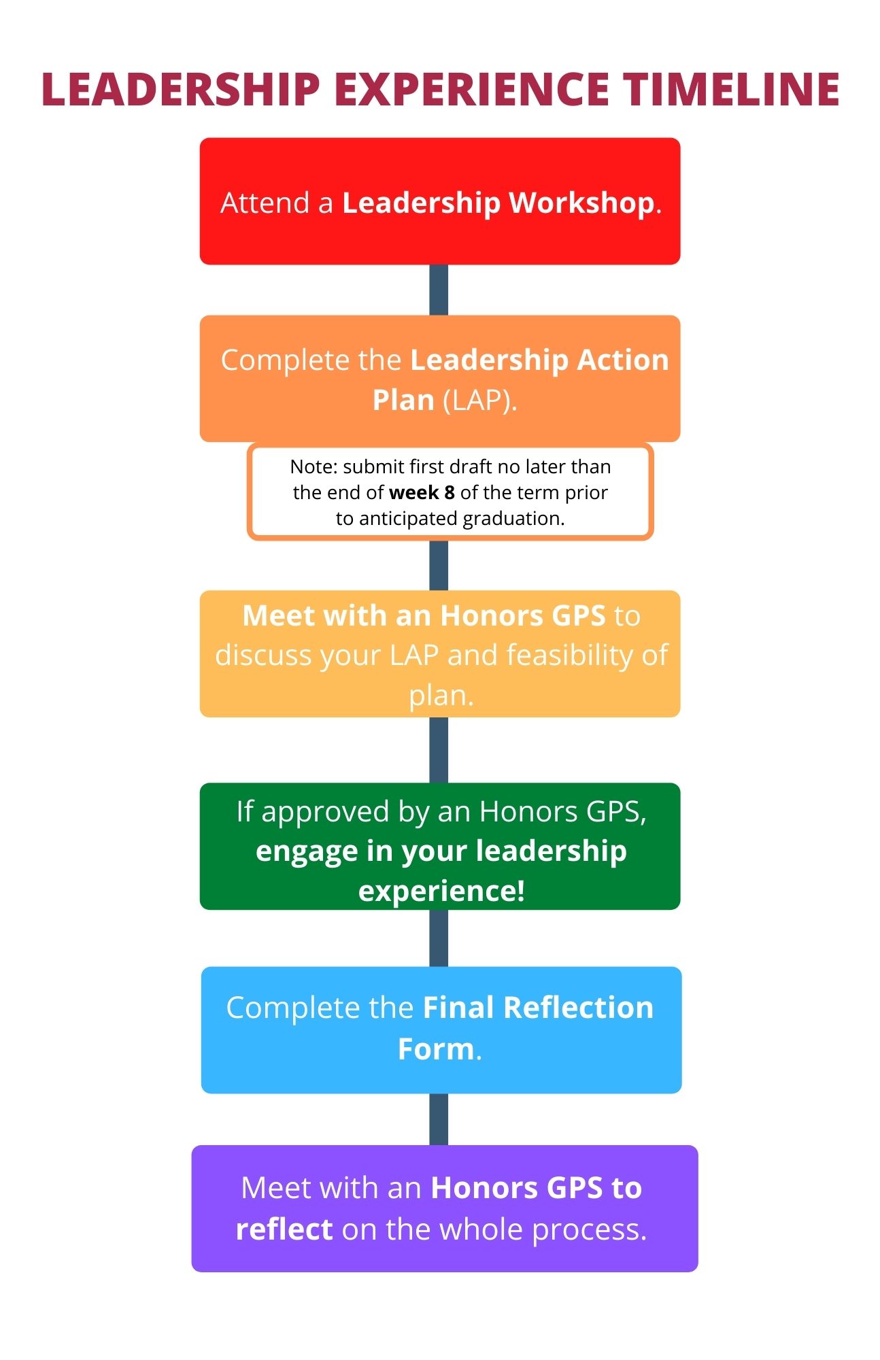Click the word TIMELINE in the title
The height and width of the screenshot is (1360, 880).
pos(731,90)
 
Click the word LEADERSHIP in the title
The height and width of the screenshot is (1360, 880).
pos(181,90)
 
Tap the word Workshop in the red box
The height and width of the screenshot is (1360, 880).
pos(581,203)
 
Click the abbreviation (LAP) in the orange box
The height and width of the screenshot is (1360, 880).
pos(479,400)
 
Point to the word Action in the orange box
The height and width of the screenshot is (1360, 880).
pos(622,360)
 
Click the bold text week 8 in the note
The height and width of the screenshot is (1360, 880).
pos(422,492)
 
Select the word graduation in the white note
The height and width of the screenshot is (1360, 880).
pos(513,518)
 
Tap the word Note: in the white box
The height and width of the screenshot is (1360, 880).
pos(314,466)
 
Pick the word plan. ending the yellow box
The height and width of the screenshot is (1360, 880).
pos(441,695)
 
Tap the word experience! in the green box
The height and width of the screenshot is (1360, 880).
pos(441,891)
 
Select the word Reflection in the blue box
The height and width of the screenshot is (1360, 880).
pos(578,1008)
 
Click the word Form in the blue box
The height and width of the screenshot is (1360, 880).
pos(435,1049)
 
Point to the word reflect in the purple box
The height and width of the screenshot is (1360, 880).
pos(284,1229)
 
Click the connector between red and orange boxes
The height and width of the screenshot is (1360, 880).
pos(439,290)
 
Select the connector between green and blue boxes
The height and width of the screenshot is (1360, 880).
pos(439,938)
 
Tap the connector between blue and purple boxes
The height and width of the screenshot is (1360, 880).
pos(439,1119)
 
